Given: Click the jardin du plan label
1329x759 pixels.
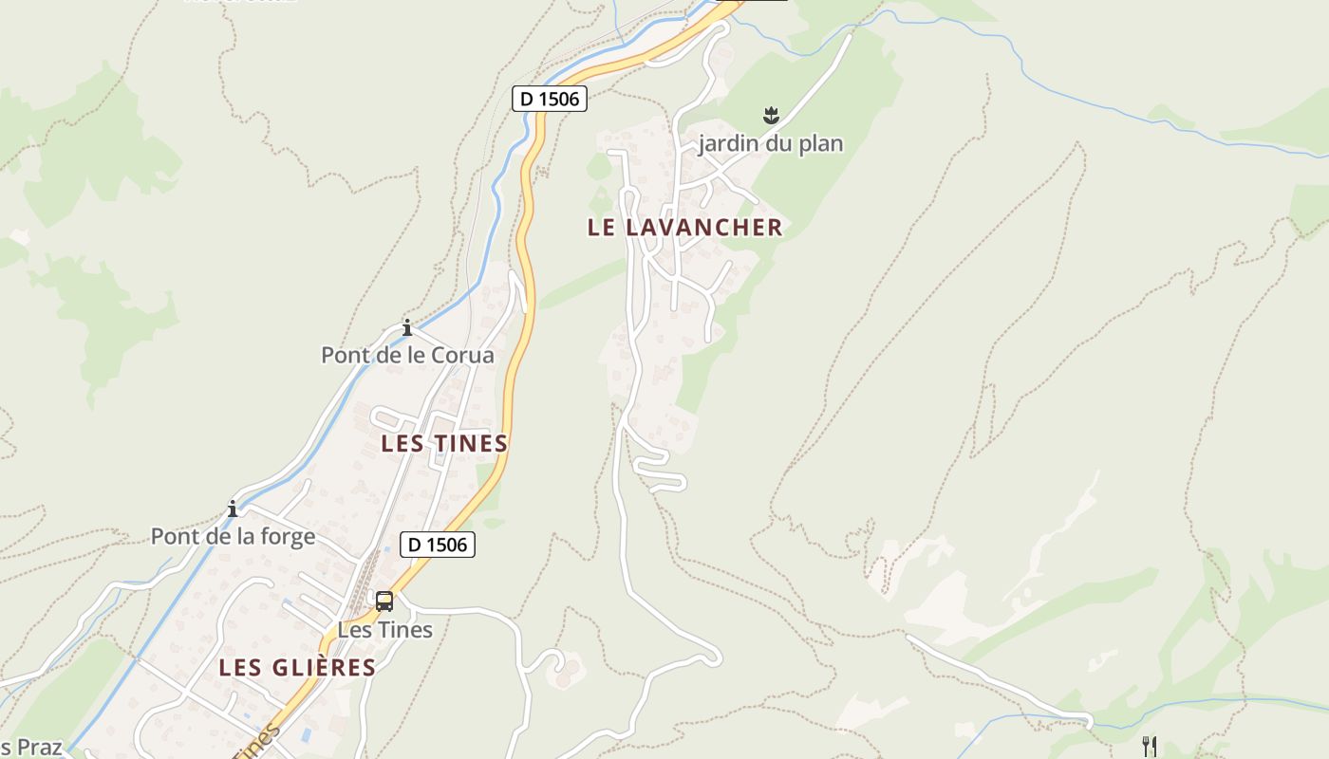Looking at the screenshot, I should click(x=770, y=144).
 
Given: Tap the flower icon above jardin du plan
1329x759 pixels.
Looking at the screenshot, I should click(x=770, y=117).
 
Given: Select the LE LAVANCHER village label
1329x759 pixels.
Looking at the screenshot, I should click(x=684, y=228).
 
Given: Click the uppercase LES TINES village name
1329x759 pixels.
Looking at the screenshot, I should click(x=444, y=443).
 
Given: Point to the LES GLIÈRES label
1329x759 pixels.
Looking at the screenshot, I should click(x=297, y=667).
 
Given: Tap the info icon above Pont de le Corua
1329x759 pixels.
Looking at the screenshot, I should click(x=407, y=328).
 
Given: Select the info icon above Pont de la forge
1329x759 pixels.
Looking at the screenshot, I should click(x=233, y=509).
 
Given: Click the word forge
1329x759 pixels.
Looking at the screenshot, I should click(x=285, y=537).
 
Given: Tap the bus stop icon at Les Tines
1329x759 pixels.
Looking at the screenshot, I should click(x=384, y=601).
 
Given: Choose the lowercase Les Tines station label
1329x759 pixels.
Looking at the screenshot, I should click(x=384, y=630).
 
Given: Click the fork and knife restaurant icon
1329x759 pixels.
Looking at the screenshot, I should click(x=1149, y=746).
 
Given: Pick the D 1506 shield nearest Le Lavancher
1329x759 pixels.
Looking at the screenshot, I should click(x=550, y=98).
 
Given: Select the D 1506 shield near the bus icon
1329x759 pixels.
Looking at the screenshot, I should click(x=437, y=545).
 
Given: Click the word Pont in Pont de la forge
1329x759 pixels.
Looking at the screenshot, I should click(x=174, y=537).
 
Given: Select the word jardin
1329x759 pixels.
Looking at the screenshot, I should click(x=730, y=144).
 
